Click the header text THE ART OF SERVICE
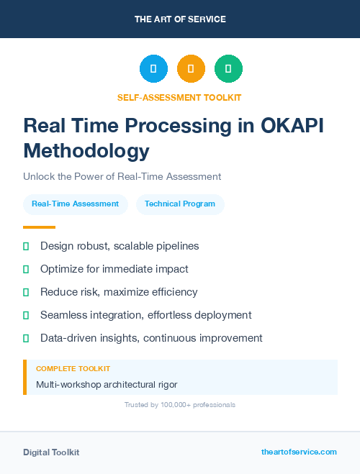(x=180, y=19)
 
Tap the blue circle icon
(x=153, y=68)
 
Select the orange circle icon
(x=191, y=68)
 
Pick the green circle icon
(x=228, y=68)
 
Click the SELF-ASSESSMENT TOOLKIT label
(x=179, y=97)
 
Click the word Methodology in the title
(x=86, y=151)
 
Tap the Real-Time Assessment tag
(x=75, y=204)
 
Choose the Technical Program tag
(x=180, y=204)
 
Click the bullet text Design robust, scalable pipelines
(x=120, y=246)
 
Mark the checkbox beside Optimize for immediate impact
(x=26, y=269)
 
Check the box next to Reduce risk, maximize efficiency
(x=26, y=292)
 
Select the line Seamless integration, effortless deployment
(x=145, y=315)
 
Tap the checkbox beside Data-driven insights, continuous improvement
(x=26, y=338)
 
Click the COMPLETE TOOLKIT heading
(x=73, y=369)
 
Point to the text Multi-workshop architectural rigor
(x=107, y=384)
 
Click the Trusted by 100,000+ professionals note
(x=179, y=405)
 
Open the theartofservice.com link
(x=299, y=452)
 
